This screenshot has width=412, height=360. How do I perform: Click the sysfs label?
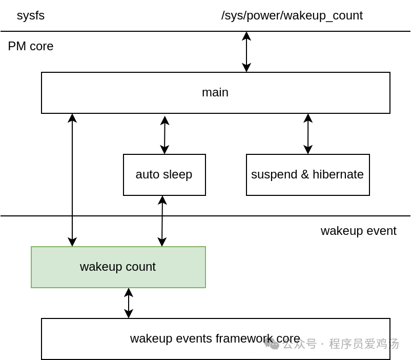31,15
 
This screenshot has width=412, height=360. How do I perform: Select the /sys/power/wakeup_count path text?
292,15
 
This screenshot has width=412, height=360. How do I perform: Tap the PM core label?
31,46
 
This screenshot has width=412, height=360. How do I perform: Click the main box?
215,92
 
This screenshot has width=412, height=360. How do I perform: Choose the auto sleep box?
164,175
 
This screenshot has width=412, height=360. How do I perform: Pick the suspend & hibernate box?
307,175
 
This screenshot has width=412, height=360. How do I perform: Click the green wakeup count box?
118,267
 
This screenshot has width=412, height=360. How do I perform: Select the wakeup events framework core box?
215,339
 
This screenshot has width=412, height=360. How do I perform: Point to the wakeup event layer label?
358,231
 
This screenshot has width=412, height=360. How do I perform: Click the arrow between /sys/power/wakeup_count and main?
246,52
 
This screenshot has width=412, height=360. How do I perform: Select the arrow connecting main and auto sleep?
164,135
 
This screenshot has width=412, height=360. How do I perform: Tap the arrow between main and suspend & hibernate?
308,134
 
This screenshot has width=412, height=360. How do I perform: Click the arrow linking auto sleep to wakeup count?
162,221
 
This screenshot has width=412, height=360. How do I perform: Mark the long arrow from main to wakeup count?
72,179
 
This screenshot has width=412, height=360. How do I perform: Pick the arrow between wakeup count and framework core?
129,303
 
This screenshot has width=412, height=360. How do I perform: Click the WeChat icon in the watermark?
272,344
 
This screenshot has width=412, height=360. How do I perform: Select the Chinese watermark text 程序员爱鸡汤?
364,344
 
